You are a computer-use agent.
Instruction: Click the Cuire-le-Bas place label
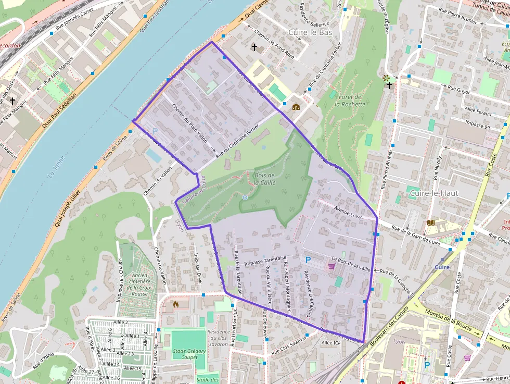point(310,32)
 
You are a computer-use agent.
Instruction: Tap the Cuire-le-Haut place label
point(434,193)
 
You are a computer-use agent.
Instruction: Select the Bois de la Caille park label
point(265,179)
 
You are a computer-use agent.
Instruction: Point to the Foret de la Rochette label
point(350,101)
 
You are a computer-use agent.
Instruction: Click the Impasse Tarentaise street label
point(265,258)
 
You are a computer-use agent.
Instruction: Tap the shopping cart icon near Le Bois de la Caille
point(331,266)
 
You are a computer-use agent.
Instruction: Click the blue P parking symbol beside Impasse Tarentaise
point(308,259)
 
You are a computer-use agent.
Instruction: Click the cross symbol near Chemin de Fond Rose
point(254,47)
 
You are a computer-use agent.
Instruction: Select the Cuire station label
point(442,267)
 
